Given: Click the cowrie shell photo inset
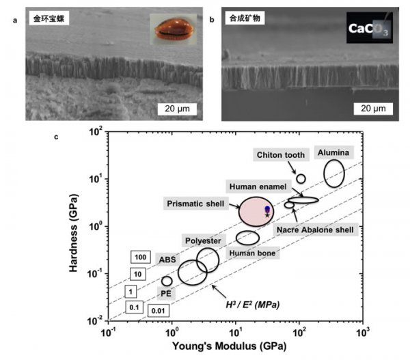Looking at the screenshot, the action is tap(173, 29).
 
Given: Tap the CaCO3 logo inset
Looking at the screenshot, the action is tap(370, 28).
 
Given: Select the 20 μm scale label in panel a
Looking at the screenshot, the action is tap(177, 109).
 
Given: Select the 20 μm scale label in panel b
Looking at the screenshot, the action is tap(373, 109).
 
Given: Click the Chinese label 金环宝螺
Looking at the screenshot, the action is tap(49, 18).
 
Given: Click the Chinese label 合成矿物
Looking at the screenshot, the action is tap(245, 18).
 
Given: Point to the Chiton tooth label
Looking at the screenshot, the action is tap(281, 155).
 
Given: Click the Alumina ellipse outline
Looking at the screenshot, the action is tap(324, 174).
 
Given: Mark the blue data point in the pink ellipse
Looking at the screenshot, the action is tap(267, 208).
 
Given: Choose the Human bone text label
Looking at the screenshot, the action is tap(252, 253).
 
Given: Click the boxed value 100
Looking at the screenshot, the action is tap(140, 257).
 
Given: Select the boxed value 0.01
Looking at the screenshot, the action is tap(159, 311).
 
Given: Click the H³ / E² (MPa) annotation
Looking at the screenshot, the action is tap(253, 305).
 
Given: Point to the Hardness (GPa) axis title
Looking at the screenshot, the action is tap(74, 233).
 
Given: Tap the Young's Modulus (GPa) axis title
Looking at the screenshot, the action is tap(230, 346).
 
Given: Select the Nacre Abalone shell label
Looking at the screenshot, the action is tap(315, 230).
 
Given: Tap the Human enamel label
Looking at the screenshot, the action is tap(258, 186).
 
